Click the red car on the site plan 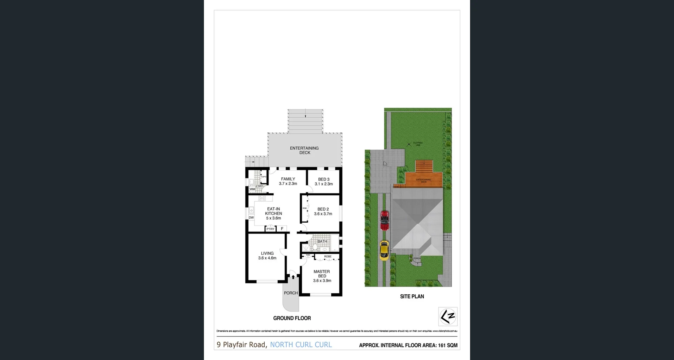pos(385,220)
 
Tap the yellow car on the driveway pos(384,250)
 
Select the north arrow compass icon pos(448,316)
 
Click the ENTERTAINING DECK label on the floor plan pos(304,150)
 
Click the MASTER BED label pos(322,276)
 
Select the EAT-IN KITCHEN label pos(273,214)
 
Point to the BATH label pos(322,242)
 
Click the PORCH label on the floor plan pos(291,293)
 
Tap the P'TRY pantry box pos(270,229)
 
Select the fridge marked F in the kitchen pos(282,229)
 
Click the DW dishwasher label pos(251,218)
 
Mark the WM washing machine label pos(252,189)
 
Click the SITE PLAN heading pos(412,296)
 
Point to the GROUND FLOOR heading pos(292,318)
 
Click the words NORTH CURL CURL pos(301,345)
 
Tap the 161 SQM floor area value pos(448,345)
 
